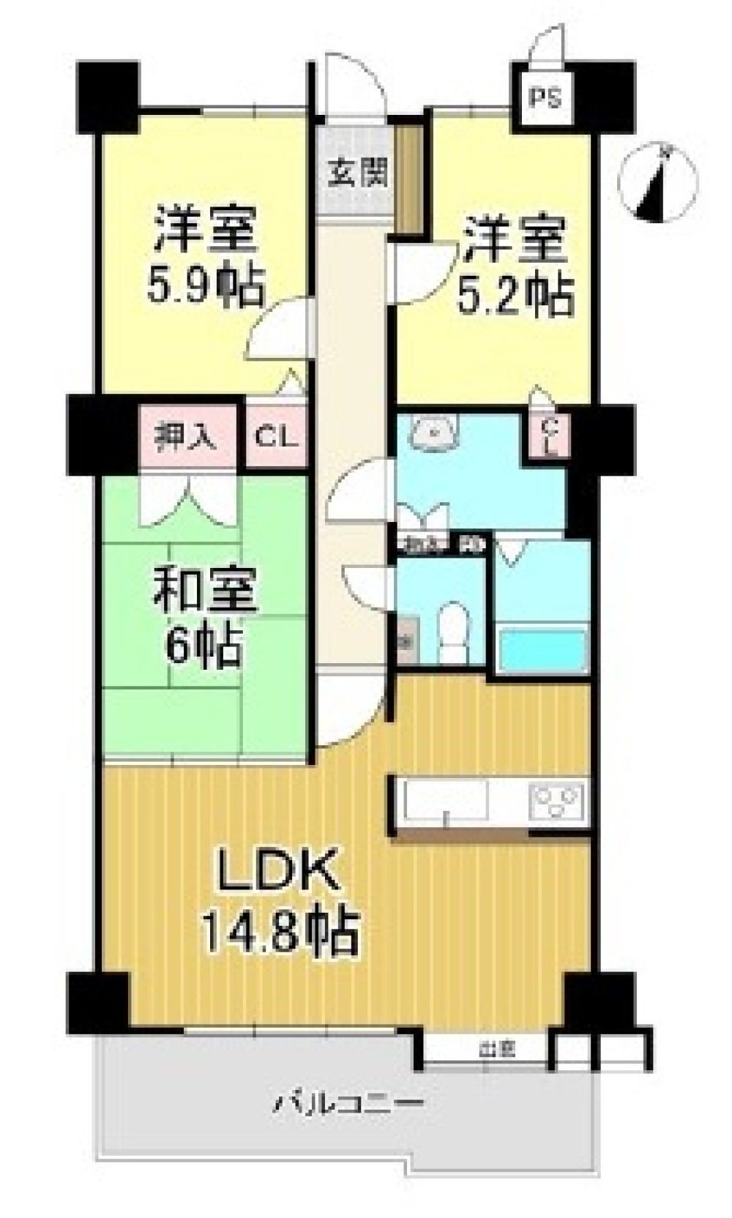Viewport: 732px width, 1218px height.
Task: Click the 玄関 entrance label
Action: coord(357,174)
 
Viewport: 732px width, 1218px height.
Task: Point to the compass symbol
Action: coord(658,183)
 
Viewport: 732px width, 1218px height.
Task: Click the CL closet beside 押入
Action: coord(276,437)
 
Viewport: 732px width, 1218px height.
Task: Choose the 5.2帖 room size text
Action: coord(515,293)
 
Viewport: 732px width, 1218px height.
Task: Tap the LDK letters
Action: coord(276,869)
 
